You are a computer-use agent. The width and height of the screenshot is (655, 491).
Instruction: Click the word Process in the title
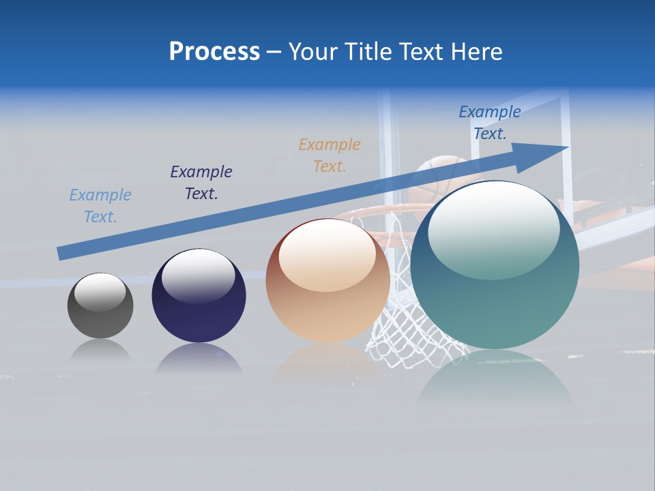214,52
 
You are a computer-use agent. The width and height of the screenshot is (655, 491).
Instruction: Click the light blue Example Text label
100,206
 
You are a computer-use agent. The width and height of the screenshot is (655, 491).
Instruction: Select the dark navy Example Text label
201,183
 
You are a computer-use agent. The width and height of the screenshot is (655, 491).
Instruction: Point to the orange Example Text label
330,155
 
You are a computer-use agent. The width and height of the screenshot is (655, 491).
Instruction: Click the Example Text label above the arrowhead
490,123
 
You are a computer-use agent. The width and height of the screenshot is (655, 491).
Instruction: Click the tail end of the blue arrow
63,253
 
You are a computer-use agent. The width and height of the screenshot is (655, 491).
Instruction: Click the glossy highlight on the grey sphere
100,292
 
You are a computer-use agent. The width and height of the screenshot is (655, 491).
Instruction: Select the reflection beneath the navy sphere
199,359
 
